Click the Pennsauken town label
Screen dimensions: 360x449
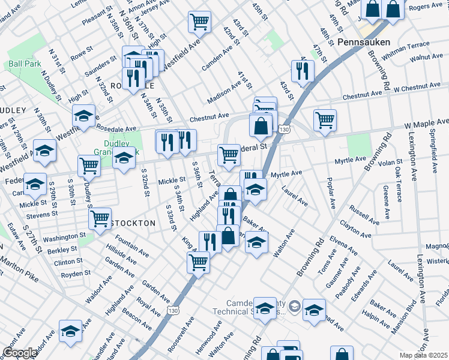click(x=364, y=43)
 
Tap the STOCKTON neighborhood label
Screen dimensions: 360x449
click(x=133, y=223)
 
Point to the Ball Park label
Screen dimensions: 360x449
click(x=23, y=64)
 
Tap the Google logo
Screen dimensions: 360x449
click(x=20, y=353)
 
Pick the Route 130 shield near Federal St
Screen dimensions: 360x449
click(x=284, y=128)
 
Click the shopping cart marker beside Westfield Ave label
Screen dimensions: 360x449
click(x=199, y=22)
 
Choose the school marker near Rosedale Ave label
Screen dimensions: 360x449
click(x=84, y=115)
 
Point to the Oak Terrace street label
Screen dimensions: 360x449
click(x=399, y=180)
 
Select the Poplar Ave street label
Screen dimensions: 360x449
click(x=330, y=193)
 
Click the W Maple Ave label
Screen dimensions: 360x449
click(x=426, y=124)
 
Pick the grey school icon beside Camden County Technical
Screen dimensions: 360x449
click(x=294, y=307)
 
